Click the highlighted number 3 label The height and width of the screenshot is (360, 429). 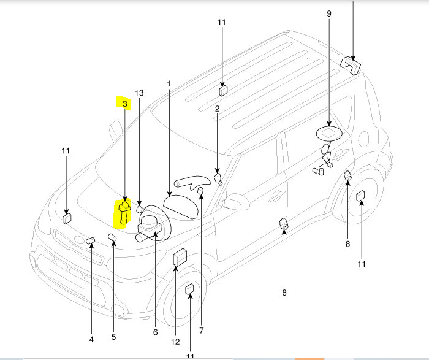coord(124,104)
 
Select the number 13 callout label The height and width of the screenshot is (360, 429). coord(139,93)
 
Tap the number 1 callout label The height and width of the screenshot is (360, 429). coord(170,83)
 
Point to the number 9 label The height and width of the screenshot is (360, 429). coord(329,14)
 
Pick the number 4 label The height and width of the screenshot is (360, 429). coord(91,339)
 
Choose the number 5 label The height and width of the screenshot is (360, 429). coord(113,336)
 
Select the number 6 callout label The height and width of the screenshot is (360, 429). coord(155,332)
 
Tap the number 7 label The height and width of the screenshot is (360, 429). coord(201,331)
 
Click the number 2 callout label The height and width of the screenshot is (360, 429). coord(216,109)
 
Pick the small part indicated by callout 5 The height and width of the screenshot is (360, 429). coord(113,237)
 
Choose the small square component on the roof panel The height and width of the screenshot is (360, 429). coord(222,91)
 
